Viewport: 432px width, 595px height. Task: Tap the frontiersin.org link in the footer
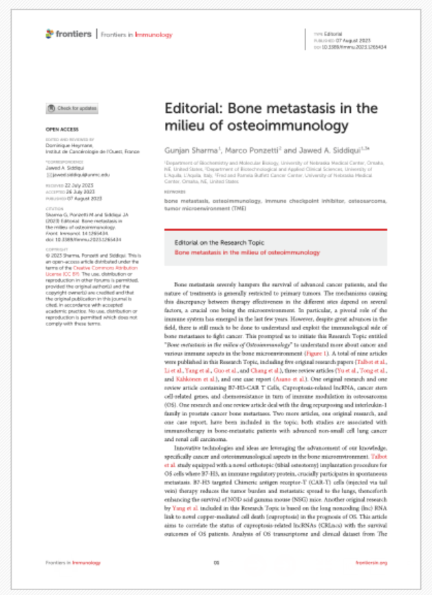(x=372, y=562)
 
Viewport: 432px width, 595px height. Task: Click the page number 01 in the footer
(x=216, y=562)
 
